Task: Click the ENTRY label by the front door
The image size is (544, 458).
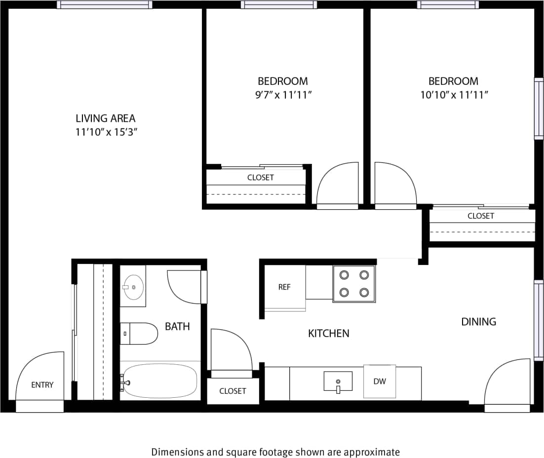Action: tap(42, 385)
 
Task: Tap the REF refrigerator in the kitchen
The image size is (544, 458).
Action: tap(284, 287)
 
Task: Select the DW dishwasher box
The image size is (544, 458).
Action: tap(379, 381)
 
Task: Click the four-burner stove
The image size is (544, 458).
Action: tap(354, 284)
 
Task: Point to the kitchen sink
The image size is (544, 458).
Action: tap(338, 382)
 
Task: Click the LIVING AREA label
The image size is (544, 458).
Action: tap(105, 118)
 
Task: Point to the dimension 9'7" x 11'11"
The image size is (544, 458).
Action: tap(283, 95)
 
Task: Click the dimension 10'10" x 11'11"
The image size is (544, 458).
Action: tap(454, 95)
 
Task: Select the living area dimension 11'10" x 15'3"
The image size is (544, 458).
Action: tap(105, 132)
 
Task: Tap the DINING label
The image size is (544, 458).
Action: tap(478, 322)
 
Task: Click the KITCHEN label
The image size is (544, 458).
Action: tap(328, 334)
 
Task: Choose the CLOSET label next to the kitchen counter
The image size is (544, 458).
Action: tap(233, 391)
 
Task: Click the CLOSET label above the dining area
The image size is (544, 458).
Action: tap(480, 216)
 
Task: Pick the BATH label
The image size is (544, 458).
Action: tap(177, 326)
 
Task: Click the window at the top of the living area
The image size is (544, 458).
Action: tap(104, 5)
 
